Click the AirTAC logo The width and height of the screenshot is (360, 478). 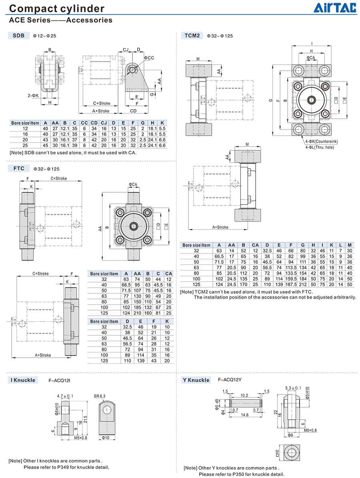click(334, 8)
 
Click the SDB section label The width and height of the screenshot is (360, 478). click(18, 36)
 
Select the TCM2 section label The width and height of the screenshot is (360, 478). click(192, 36)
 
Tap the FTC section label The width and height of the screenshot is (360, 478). click(18, 168)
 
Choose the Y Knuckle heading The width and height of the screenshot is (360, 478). click(196, 380)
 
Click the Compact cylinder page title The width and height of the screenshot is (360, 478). click(56, 8)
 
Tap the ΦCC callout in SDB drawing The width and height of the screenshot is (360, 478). click(149, 58)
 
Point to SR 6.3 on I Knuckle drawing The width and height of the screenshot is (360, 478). click(100, 396)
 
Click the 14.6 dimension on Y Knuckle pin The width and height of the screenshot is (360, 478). click(245, 415)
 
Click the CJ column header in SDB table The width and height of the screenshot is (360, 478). click(104, 123)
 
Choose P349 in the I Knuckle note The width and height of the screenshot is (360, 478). click(66, 467)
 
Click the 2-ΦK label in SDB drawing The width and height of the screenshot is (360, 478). click(34, 96)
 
